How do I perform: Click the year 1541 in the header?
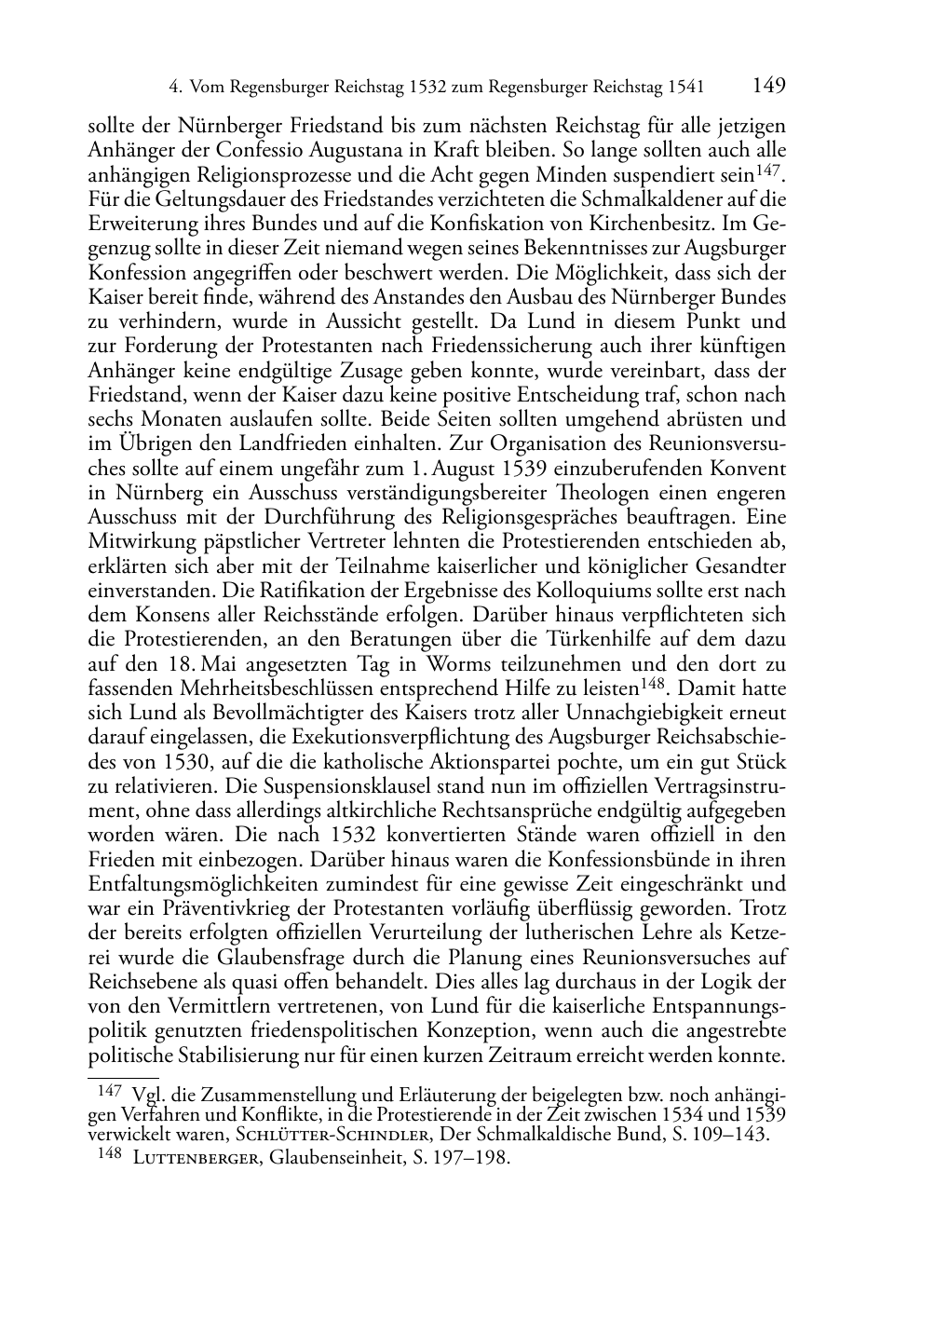point(685,88)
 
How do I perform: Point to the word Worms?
point(457,664)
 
